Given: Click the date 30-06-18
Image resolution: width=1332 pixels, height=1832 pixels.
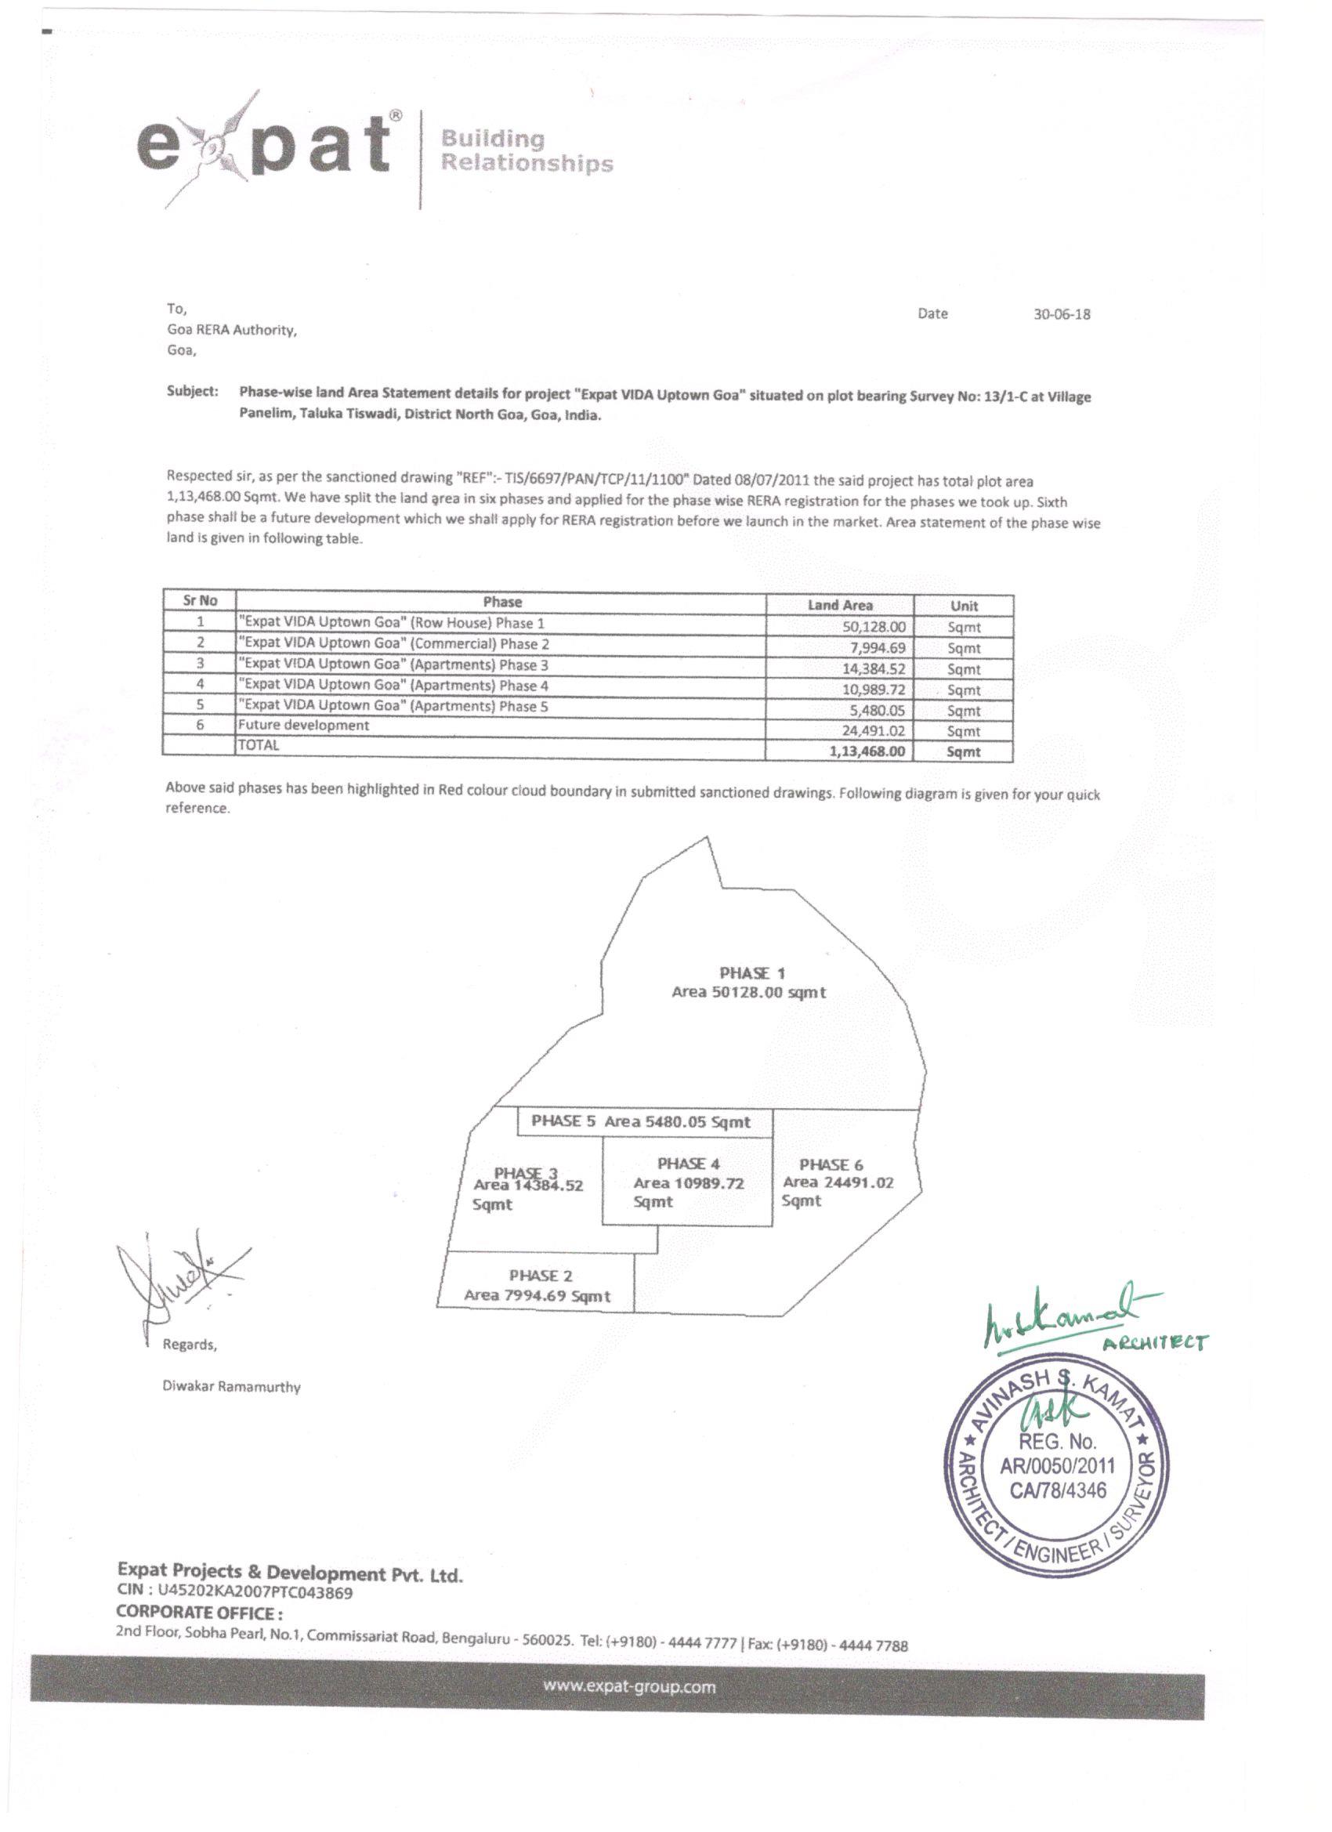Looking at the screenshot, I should [1062, 314].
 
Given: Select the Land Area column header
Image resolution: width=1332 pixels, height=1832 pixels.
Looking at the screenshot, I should [840, 605].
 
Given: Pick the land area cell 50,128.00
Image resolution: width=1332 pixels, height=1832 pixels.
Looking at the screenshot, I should [874, 627].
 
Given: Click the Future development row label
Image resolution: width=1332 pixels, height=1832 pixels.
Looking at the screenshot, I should [303, 726].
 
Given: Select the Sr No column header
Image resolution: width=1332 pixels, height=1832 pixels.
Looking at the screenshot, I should [200, 600].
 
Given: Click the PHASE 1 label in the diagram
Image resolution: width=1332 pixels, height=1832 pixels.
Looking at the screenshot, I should [752, 973].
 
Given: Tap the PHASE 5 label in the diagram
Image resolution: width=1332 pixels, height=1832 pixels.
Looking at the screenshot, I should [563, 1121].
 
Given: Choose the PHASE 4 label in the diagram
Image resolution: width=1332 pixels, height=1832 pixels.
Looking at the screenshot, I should [688, 1164].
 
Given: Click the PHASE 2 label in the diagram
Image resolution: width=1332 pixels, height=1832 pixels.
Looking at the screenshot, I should [541, 1276].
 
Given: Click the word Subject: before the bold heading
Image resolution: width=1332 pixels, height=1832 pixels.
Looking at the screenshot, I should [192, 391].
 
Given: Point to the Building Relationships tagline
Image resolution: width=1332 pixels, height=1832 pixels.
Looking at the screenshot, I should [526, 152].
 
